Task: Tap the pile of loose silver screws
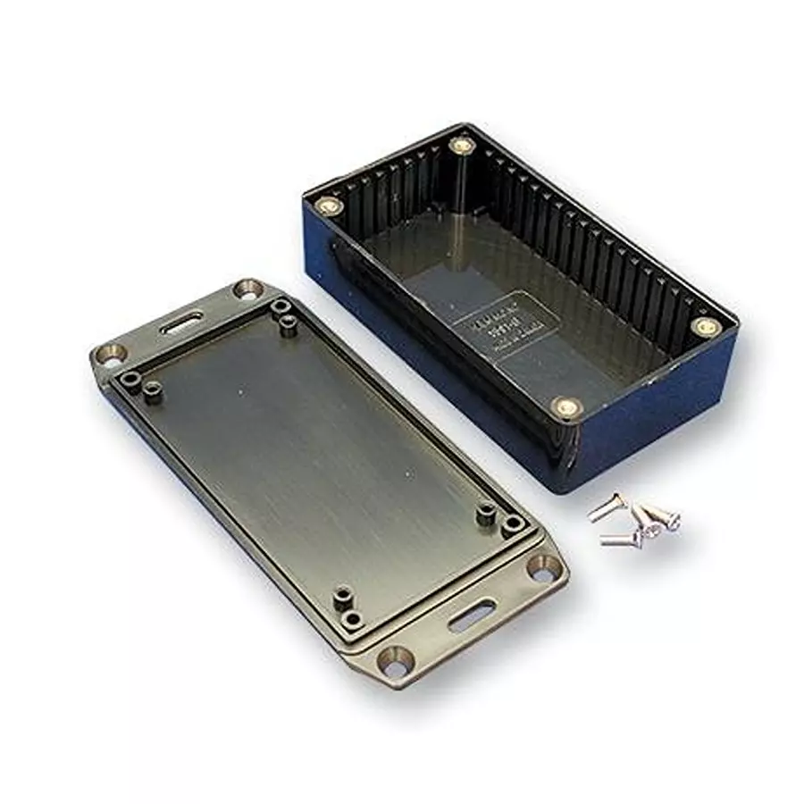click(x=635, y=522)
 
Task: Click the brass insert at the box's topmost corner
click(x=461, y=144)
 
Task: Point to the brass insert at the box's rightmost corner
click(x=706, y=327)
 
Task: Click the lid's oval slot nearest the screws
click(x=472, y=616)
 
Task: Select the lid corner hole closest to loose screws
click(x=540, y=568)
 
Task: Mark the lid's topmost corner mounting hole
click(x=247, y=289)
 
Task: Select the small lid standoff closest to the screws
click(x=513, y=525)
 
